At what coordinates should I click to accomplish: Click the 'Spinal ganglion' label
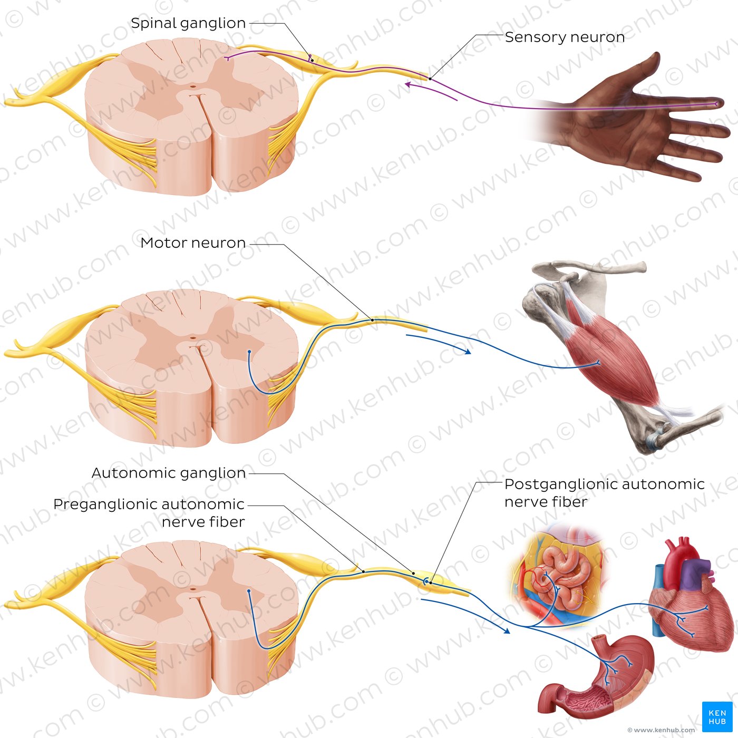tap(188, 23)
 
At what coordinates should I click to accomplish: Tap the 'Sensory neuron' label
tap(565, 37)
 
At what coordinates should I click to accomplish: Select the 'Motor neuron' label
tap(193, 243)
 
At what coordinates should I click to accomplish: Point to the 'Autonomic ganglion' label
tap(169, 473)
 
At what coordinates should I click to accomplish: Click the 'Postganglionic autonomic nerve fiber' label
tap(604, 493)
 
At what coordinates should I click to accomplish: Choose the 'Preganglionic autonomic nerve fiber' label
tap(149, 513)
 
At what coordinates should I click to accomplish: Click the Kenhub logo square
tap(717, 716)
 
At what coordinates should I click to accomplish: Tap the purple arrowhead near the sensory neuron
tap(410, 84)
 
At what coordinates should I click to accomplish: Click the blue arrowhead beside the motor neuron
tap(467, 351)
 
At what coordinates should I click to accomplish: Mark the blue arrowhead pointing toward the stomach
tap(506, 631)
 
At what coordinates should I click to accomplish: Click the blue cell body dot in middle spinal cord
tap(249, 351)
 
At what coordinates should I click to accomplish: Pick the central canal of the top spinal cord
tap(192, 86)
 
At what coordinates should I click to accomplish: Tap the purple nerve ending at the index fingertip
tap(716, 103)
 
